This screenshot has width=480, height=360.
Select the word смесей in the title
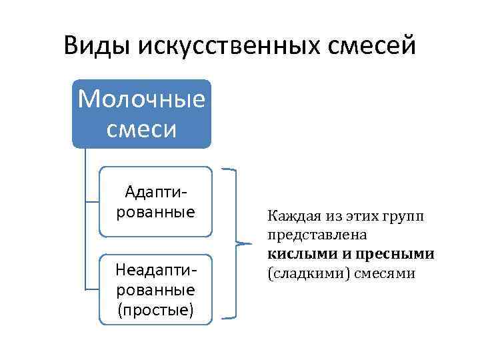(x=377, y=46)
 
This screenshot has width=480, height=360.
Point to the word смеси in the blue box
(x=141, y=127)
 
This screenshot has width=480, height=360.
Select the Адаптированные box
(x=155, y=202)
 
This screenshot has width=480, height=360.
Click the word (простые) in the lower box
(x=155, y=309)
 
